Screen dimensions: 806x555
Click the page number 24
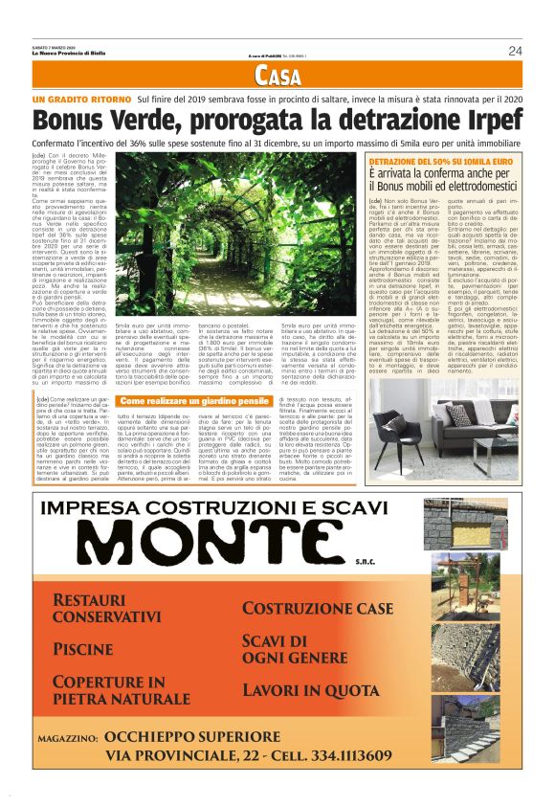coord(515,51)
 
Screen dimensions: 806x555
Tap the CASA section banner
coord(277,78)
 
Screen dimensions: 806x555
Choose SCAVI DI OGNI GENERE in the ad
coord(295,650)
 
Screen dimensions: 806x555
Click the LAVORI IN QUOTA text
coord(311,690)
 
